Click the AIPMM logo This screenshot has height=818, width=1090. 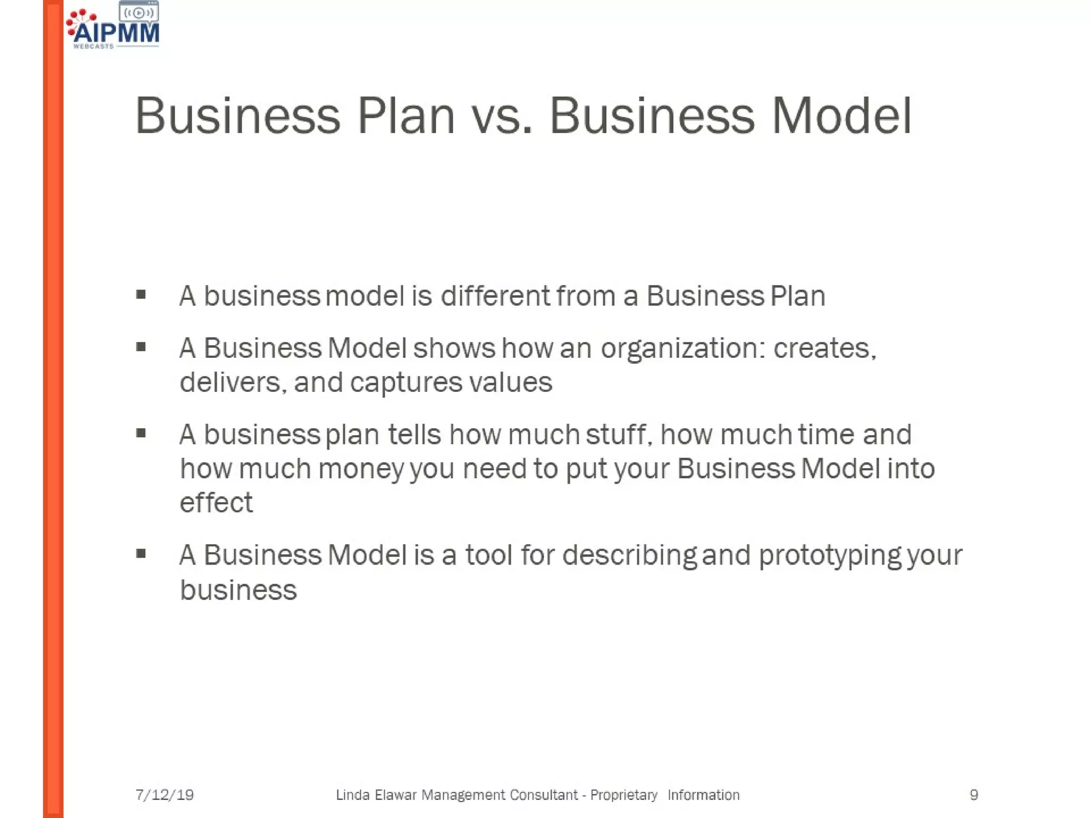(x=113, y=27)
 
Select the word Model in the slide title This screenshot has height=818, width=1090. (x=842, y=116)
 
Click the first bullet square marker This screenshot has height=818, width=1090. (x=141, y=295)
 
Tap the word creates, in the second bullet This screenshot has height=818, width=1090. (x=824, y=349)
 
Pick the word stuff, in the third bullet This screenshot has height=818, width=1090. (x=619, y=435)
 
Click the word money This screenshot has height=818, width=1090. (x=361, y=469)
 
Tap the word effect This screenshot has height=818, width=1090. (x=216, y=503)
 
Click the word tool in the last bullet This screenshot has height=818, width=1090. (x=489, y=555)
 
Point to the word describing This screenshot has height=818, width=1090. (x=629, y=556)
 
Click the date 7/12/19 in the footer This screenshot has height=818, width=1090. (x=164, y=795)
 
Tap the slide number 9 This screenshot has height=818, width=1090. (x=974, y=795)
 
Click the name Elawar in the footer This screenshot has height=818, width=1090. (x=395, y=795)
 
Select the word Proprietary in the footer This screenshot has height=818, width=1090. (x=624, y=795)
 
